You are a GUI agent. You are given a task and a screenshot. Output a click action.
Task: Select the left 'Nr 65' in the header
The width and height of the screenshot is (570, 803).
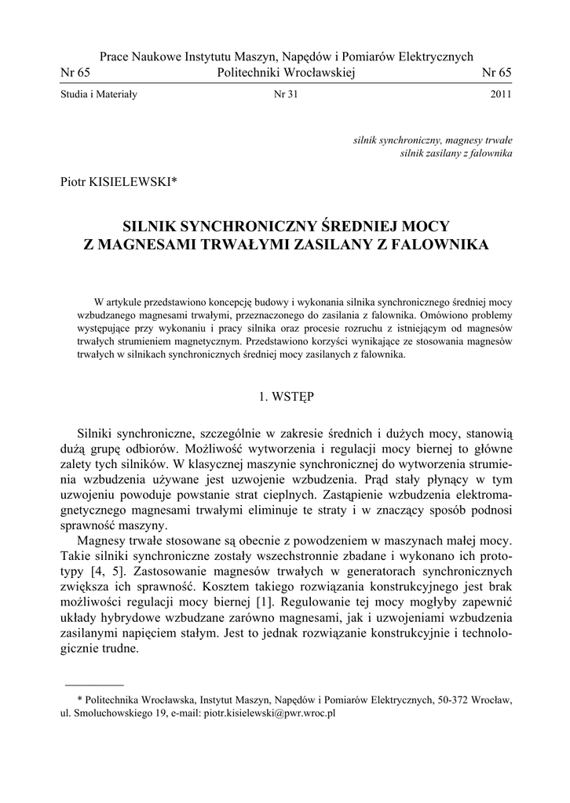click(x=75, y=72)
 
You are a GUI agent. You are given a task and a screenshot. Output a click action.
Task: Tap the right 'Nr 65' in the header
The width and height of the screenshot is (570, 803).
click(x=495, y=72)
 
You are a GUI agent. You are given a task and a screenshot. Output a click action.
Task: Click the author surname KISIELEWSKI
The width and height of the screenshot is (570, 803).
click(x=134, y=182)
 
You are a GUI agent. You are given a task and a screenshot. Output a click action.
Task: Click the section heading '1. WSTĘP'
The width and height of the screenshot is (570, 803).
click(x=286, y=397)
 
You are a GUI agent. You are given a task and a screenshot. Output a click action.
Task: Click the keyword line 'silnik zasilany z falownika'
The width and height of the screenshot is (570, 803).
click(x=456, y=152)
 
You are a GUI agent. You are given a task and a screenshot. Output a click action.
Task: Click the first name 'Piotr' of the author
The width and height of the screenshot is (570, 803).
click(x=75, y=182)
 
